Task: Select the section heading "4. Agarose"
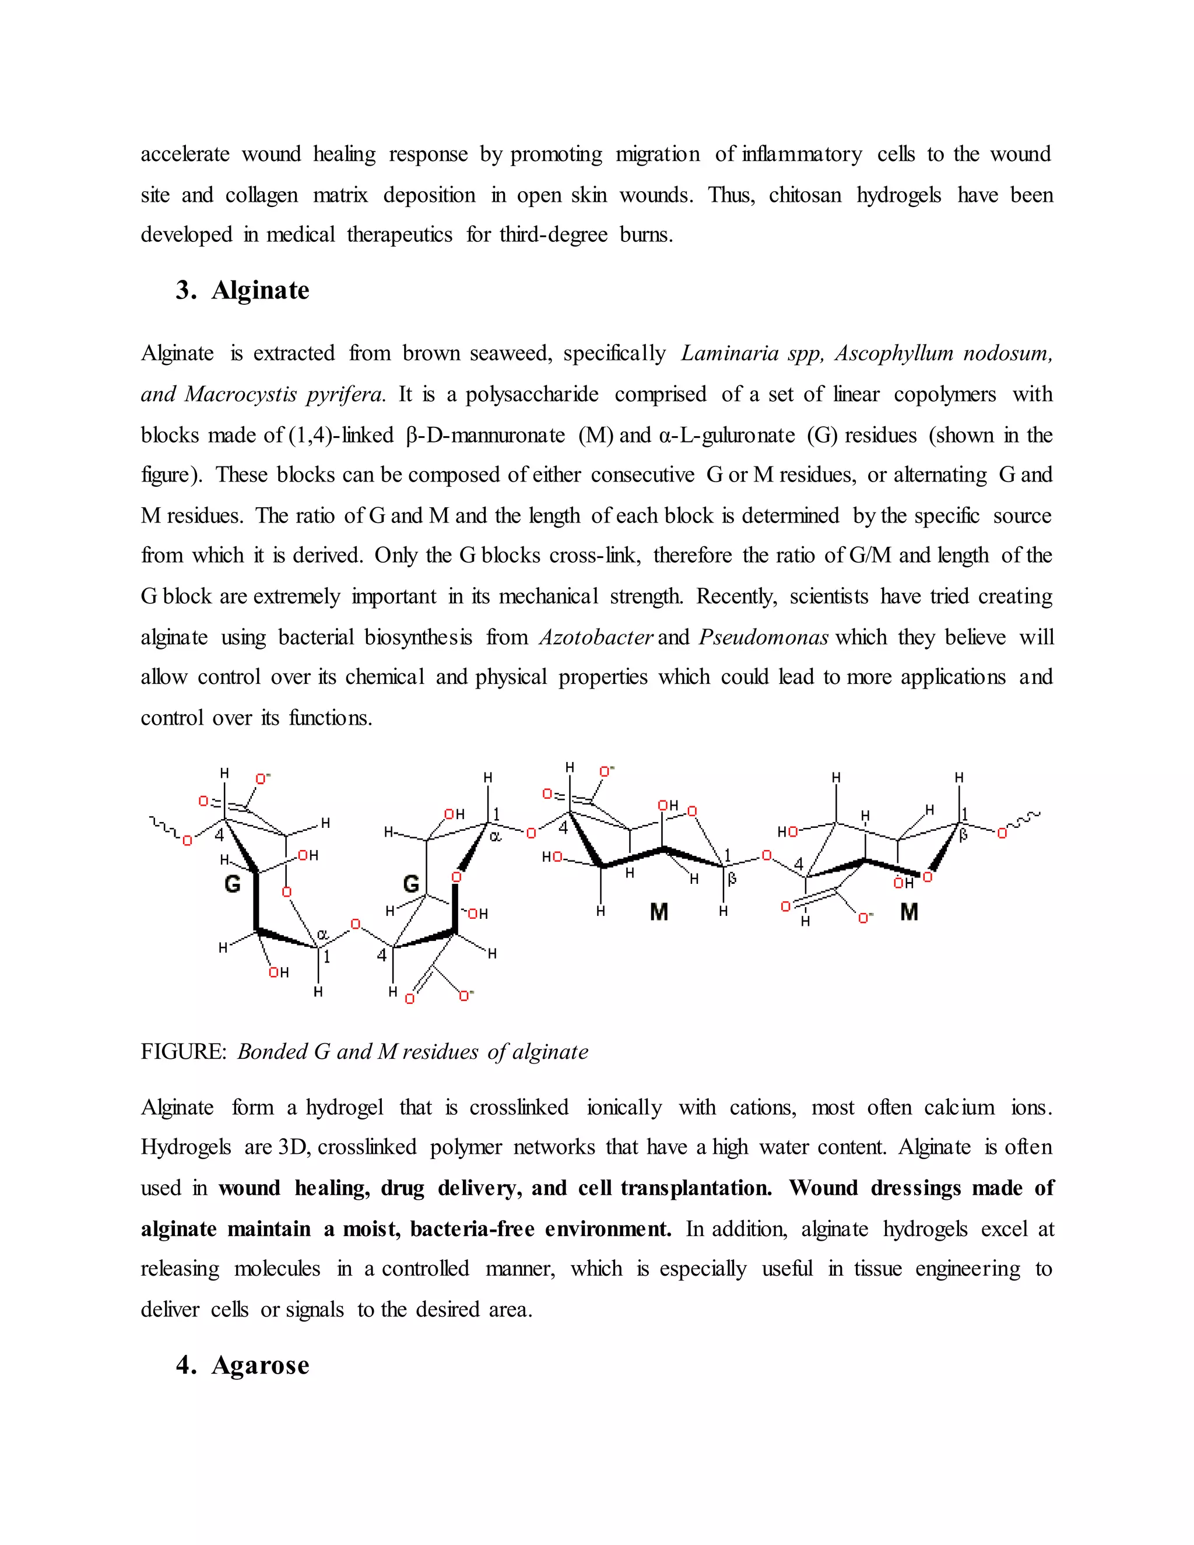coord(242,1365)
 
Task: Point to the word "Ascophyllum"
coord(893,353)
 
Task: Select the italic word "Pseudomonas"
coord(763,637)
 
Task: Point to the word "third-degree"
coord(553,235)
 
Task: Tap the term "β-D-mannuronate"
coord(486,435)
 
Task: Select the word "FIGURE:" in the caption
coord(183,1052)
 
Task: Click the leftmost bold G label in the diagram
coord(233,883)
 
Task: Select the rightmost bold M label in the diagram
coord(909,912)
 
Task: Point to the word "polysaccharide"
coord(532,394)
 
